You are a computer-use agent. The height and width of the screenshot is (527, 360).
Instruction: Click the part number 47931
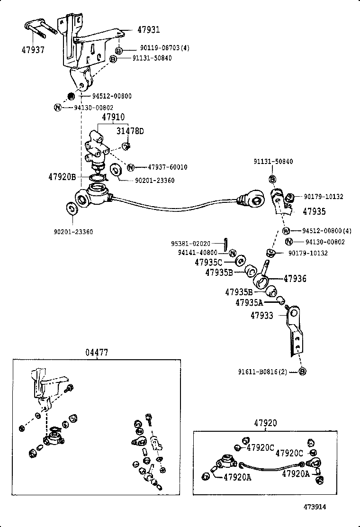tap(149, 30)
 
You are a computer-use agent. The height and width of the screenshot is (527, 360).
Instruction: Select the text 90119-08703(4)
tap(164, 48)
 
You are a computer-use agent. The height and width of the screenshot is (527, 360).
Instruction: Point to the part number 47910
tap(113, 117)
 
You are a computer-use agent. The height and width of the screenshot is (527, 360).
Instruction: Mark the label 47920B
tap(62, 177)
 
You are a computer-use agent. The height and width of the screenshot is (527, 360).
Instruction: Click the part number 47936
tap(295, 279)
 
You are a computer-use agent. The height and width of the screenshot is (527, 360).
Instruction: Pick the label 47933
tap(262, 315)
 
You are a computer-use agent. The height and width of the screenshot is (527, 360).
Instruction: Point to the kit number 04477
tap(97, 353)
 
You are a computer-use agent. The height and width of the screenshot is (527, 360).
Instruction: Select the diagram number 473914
tap(315, 506)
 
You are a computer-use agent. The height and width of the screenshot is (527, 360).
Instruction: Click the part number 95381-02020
tap(191, 243)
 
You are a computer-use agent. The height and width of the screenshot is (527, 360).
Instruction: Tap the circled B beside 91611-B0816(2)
tap(303, 372)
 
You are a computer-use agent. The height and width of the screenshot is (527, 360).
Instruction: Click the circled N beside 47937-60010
tap(131, 167)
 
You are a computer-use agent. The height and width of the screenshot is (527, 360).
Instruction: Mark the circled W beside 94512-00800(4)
tap(286, 231)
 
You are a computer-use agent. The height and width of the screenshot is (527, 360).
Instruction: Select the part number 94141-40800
tap(198, 253)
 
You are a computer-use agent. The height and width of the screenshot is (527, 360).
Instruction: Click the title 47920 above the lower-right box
tap(265, 423)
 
